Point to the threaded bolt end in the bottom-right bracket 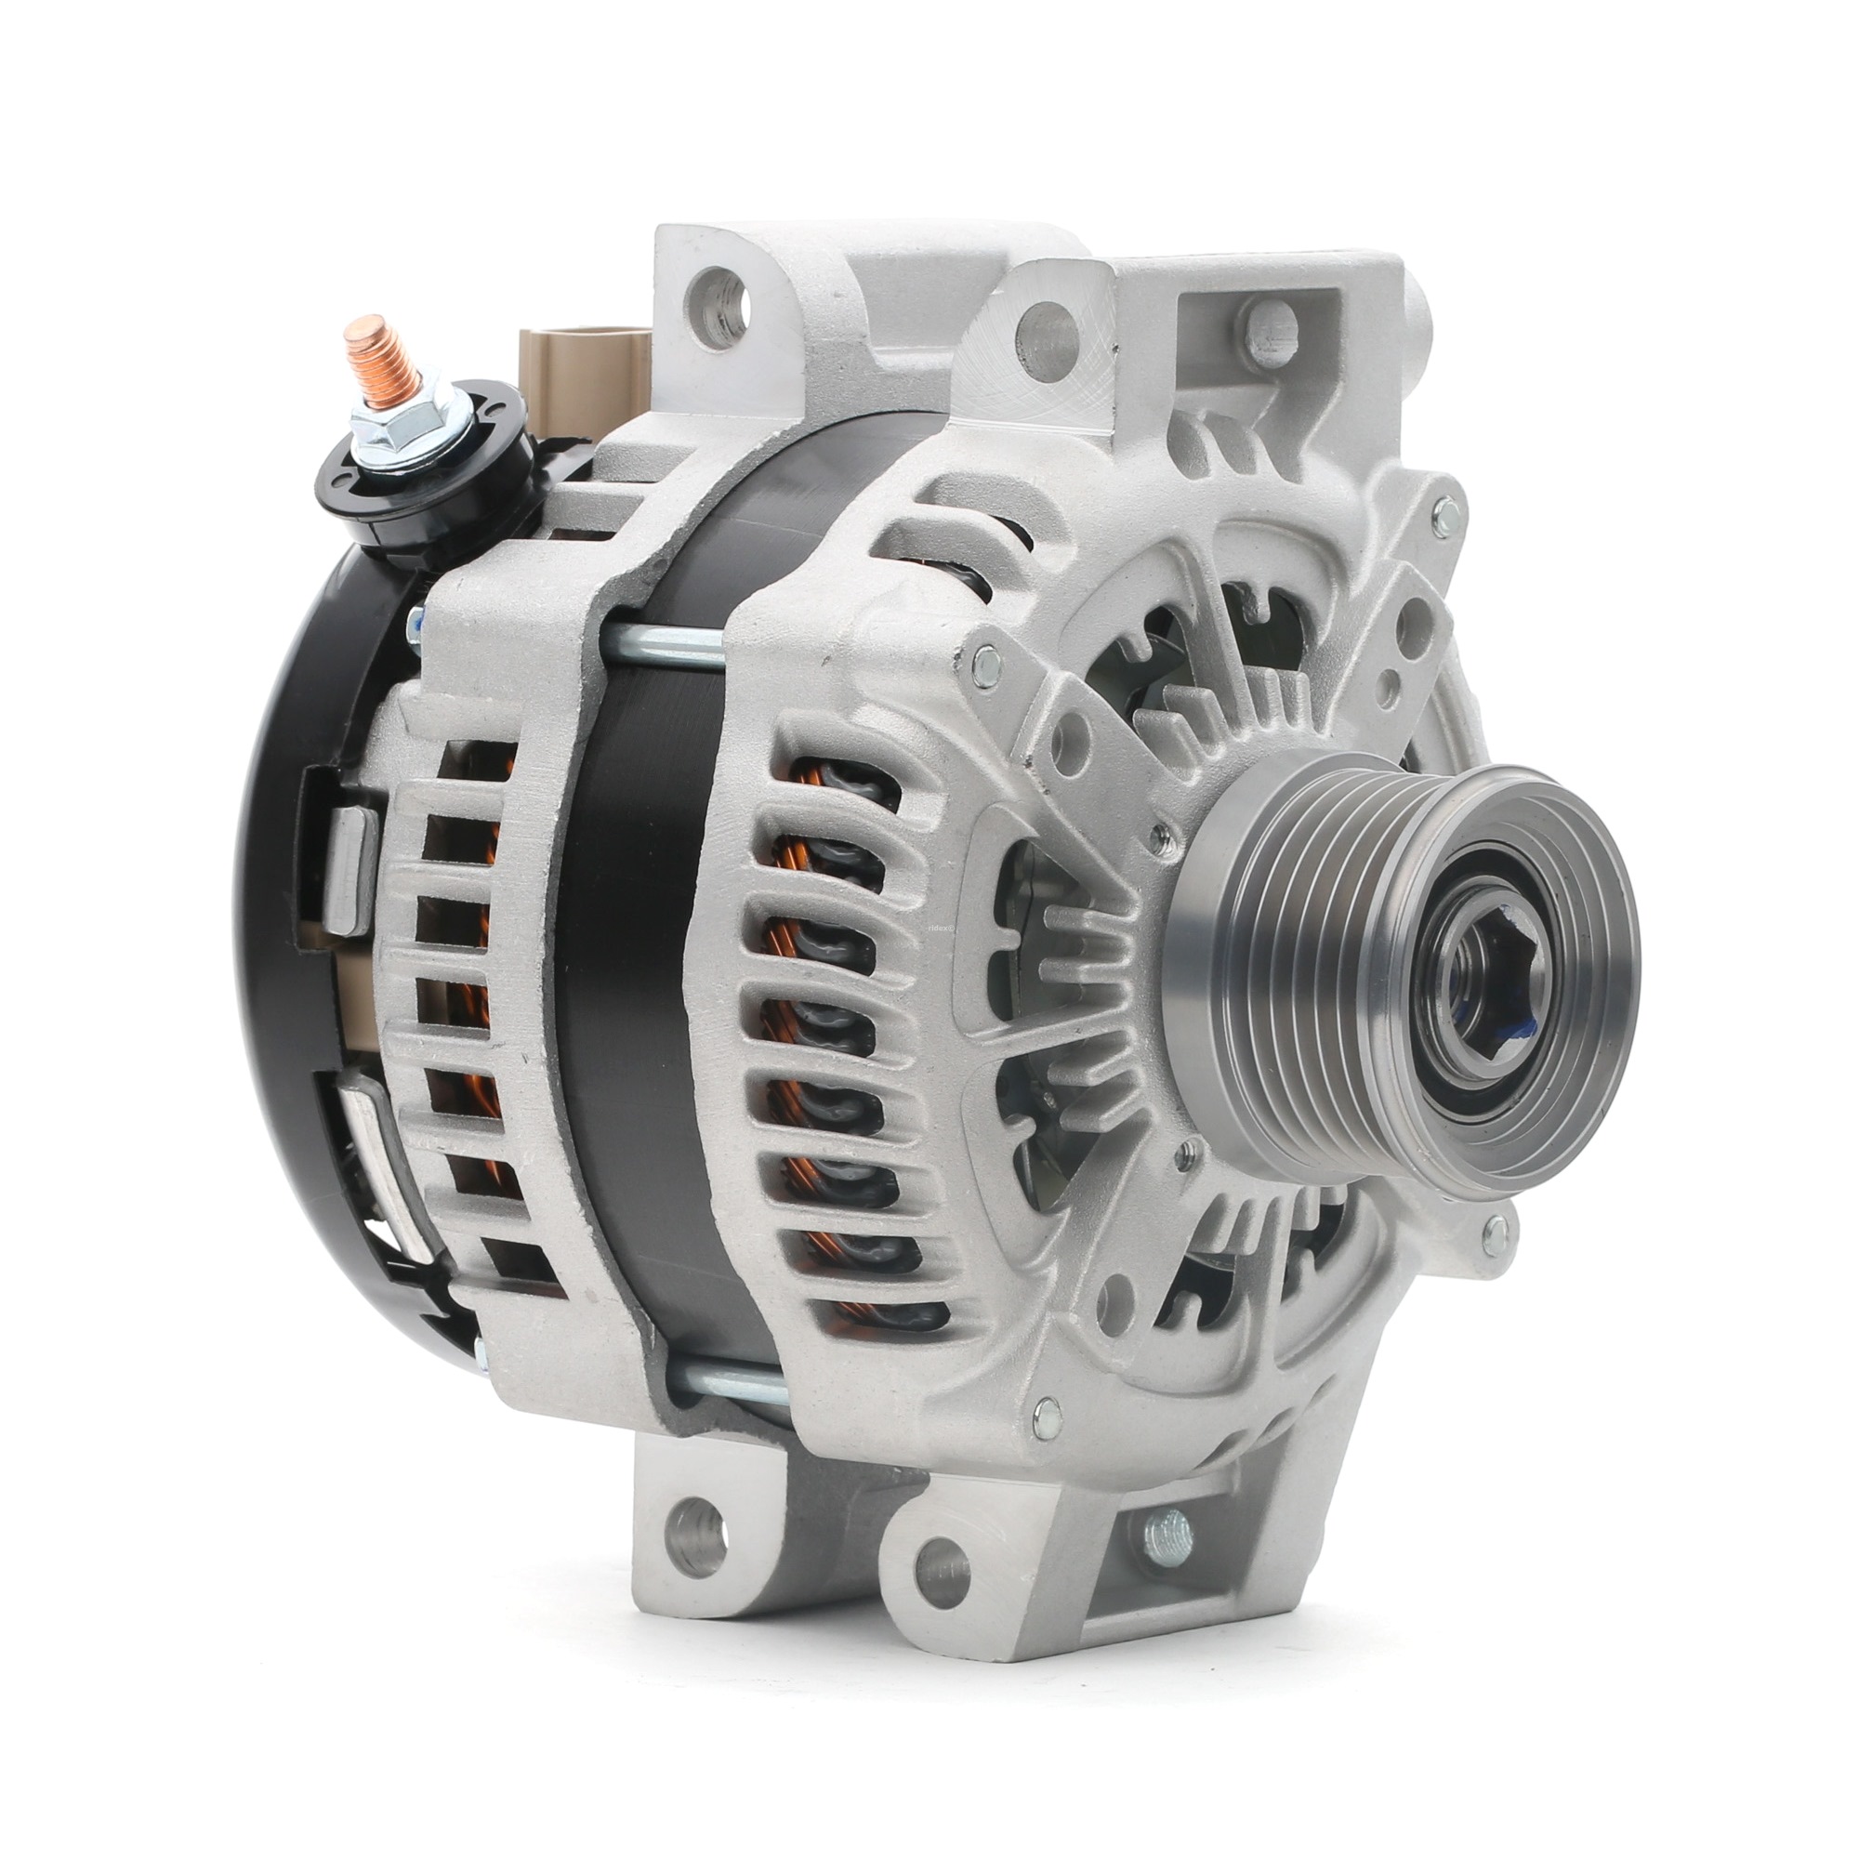(x=1168, y=1530)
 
